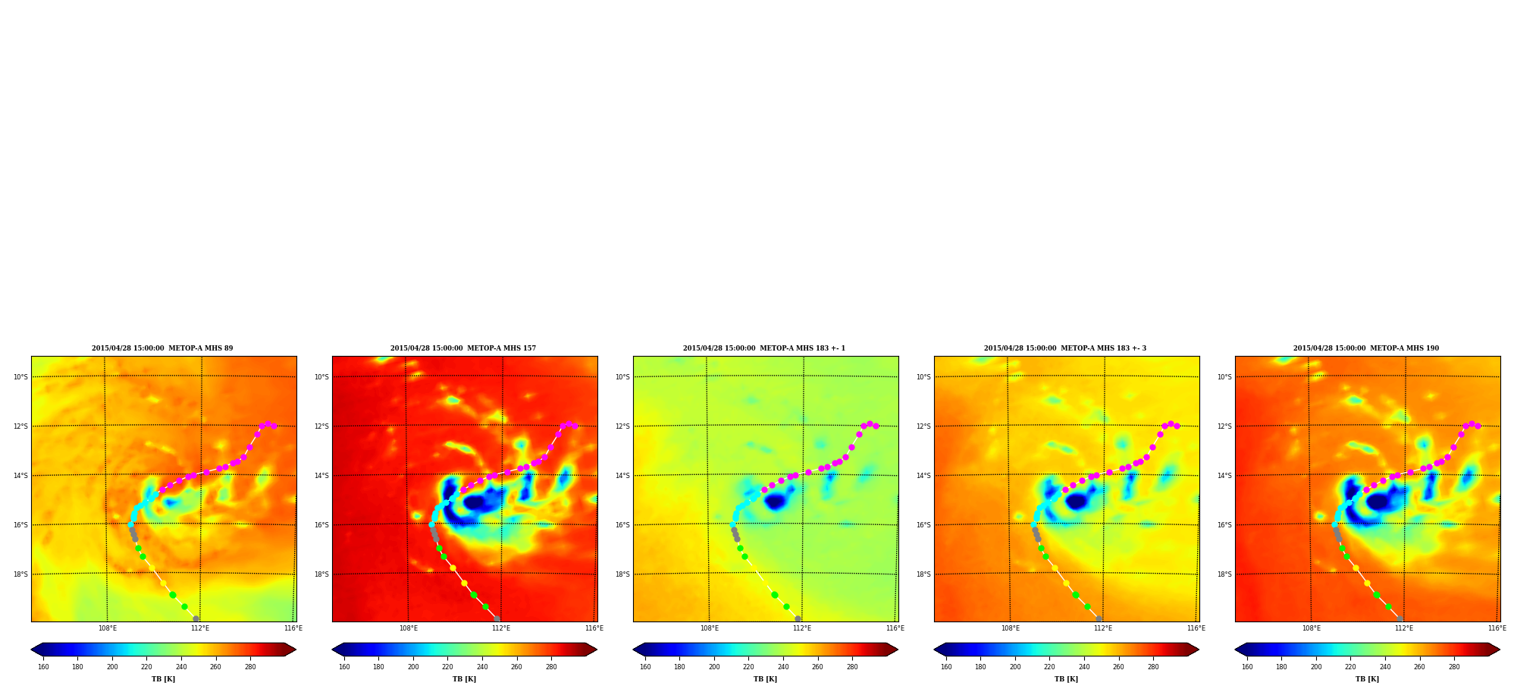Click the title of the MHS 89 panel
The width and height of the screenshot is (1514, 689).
162,348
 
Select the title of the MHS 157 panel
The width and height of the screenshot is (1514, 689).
463,348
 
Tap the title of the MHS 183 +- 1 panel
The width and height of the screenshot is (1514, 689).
764,348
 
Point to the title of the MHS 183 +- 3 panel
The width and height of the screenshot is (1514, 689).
1065,348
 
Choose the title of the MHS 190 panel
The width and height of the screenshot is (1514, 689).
1366,348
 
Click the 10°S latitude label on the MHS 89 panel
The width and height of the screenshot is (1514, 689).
20,377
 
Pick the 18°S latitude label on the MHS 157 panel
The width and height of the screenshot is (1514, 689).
321,574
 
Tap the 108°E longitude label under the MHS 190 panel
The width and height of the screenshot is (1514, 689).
1312,628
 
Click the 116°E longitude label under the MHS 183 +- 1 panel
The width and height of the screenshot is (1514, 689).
895,628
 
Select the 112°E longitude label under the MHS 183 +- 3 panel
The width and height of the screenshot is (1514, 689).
1103,628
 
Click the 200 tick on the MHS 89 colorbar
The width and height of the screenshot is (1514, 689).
112,667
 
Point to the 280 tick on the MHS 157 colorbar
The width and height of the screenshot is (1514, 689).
551,667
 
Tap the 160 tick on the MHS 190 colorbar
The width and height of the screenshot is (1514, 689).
1247,667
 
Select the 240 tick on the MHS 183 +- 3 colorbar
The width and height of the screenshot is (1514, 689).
1084,667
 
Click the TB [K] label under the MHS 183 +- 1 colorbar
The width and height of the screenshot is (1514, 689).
765,679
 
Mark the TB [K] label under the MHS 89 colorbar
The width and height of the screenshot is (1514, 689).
163,679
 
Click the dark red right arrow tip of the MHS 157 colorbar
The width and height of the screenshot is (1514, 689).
597,650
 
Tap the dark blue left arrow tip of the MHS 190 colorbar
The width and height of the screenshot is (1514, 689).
1236,650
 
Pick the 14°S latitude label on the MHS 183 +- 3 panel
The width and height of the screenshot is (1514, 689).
923,476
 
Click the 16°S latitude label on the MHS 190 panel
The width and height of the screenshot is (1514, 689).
1224,525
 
